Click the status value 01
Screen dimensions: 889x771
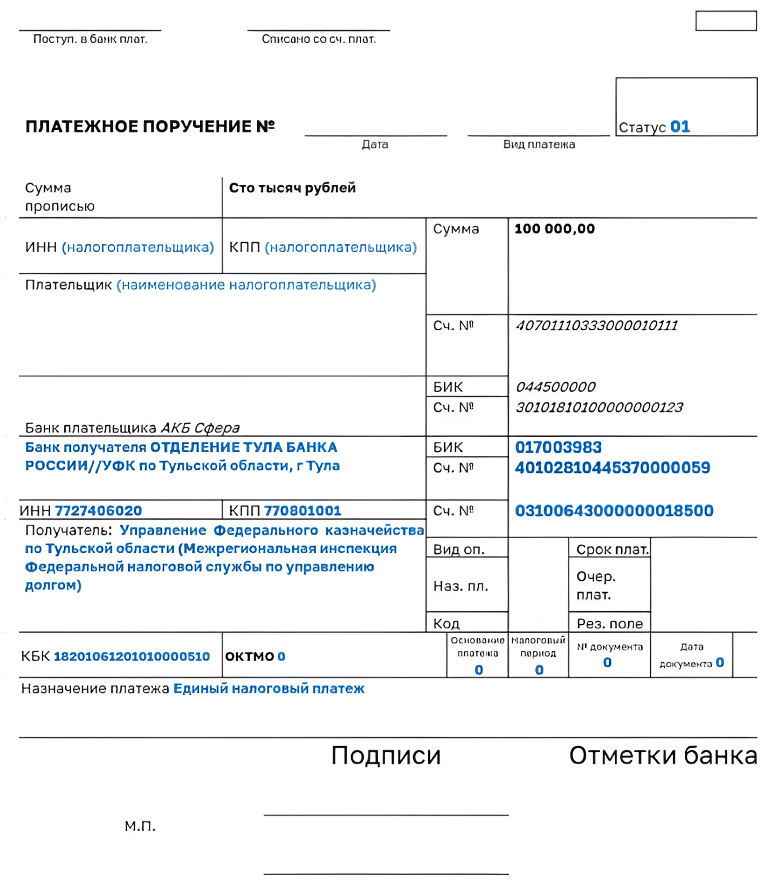coord(680,127)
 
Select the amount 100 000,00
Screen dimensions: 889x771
coord(554,228)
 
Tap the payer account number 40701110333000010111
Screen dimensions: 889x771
coord(596,325)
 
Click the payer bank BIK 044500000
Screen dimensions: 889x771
coord(555,387)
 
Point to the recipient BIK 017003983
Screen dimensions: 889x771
coord(558,447)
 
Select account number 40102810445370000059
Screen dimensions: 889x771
coord(612,468)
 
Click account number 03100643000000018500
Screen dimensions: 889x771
coord(614,511)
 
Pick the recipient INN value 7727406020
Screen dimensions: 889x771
coord(99,511)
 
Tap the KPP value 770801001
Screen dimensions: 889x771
coord(302,511)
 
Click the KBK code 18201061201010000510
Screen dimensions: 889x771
coord(132,656)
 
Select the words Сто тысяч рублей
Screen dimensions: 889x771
coord(292,188)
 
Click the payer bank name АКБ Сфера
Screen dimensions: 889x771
coord(200,428)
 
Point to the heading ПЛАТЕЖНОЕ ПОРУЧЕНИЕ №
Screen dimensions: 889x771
coord(150,126)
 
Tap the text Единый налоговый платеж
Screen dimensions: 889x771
coord(269,689)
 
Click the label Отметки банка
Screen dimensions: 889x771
coord(663,755)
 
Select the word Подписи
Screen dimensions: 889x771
coord(386,755)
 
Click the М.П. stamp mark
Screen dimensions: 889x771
coord(140,826)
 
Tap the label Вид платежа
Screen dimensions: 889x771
coord(539,144)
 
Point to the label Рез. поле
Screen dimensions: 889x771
coord(609,624)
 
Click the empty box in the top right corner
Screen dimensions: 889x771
coord(726,21)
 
